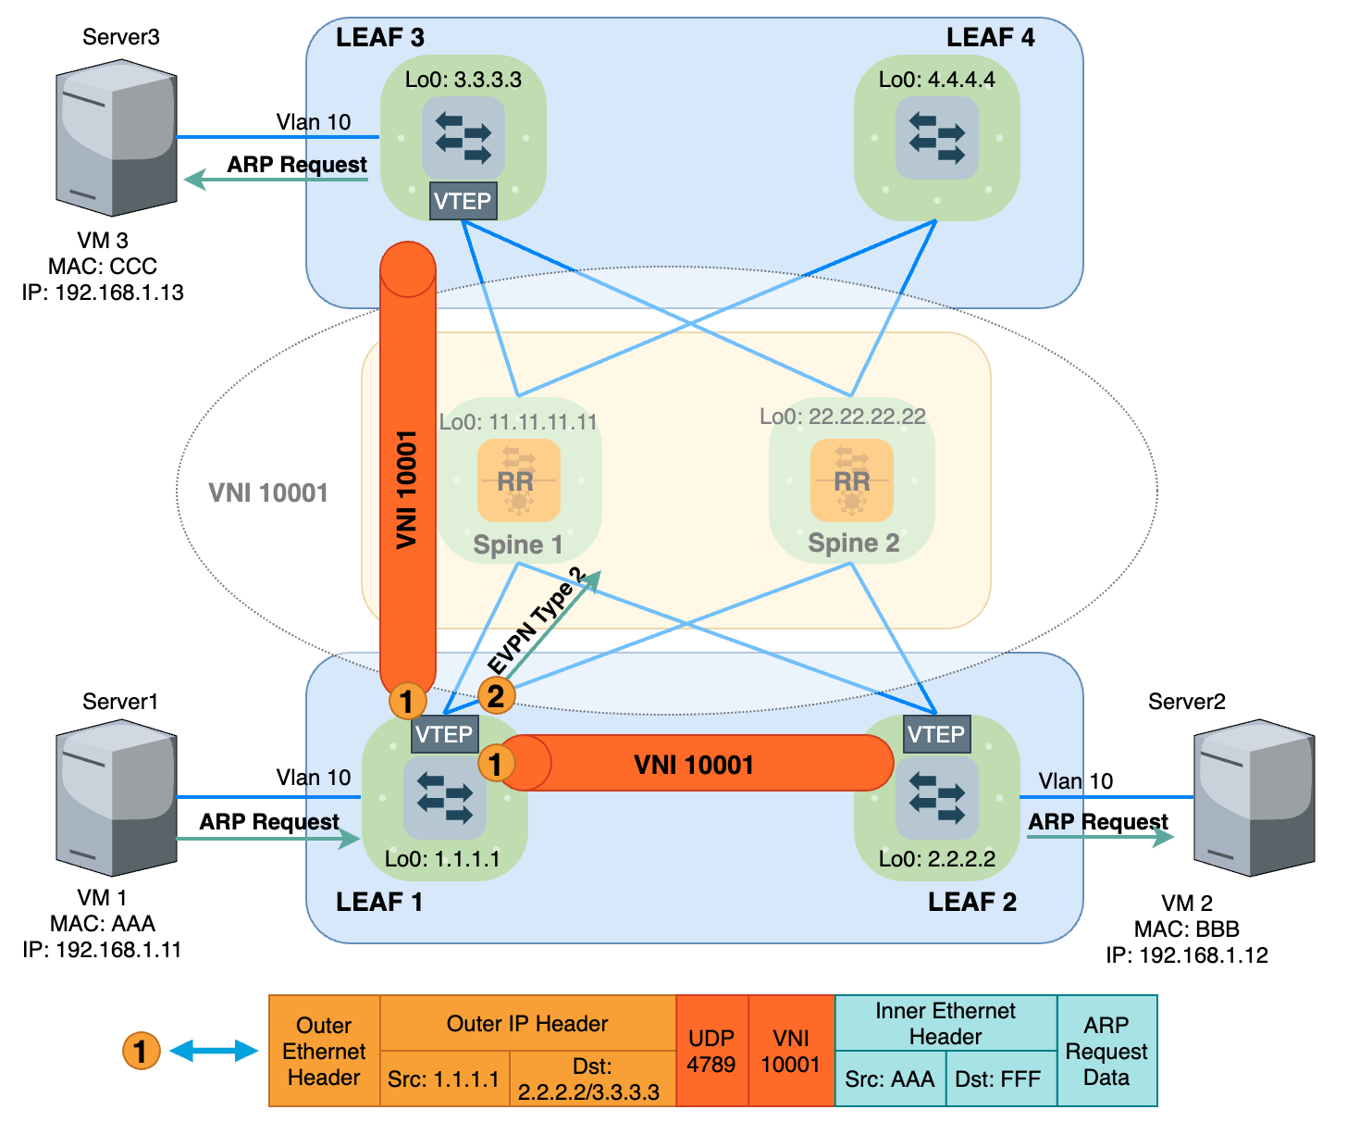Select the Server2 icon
(1254, 797)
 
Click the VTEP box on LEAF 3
(463, 201)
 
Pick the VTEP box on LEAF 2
(936, 734)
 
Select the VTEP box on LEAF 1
(444, 734)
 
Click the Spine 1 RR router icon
(518, 480)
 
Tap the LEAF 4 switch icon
(936, 138)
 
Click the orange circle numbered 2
(496, 695)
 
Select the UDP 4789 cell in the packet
(711, 1051)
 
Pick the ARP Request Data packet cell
(1106, 1051)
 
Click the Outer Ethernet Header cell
(324, 1051)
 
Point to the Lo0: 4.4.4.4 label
(936, 80)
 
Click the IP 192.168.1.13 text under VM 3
(103, 293)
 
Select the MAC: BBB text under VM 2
(1187, 929)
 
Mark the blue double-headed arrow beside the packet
(214, 1051)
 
